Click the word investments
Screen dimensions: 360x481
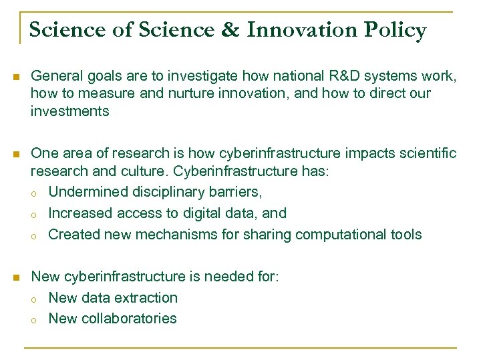(69, 111)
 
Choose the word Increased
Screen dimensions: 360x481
(82, 213)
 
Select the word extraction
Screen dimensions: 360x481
(147, 297)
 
